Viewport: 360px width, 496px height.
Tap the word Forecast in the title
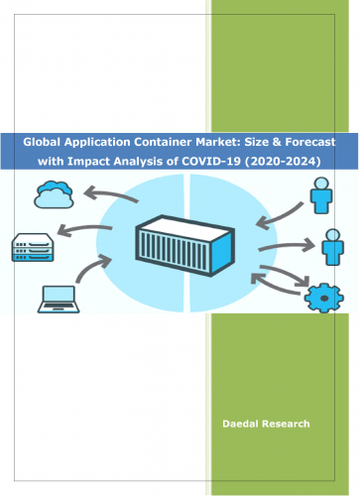click(301, 142)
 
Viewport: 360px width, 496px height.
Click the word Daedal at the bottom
click(247, 424)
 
